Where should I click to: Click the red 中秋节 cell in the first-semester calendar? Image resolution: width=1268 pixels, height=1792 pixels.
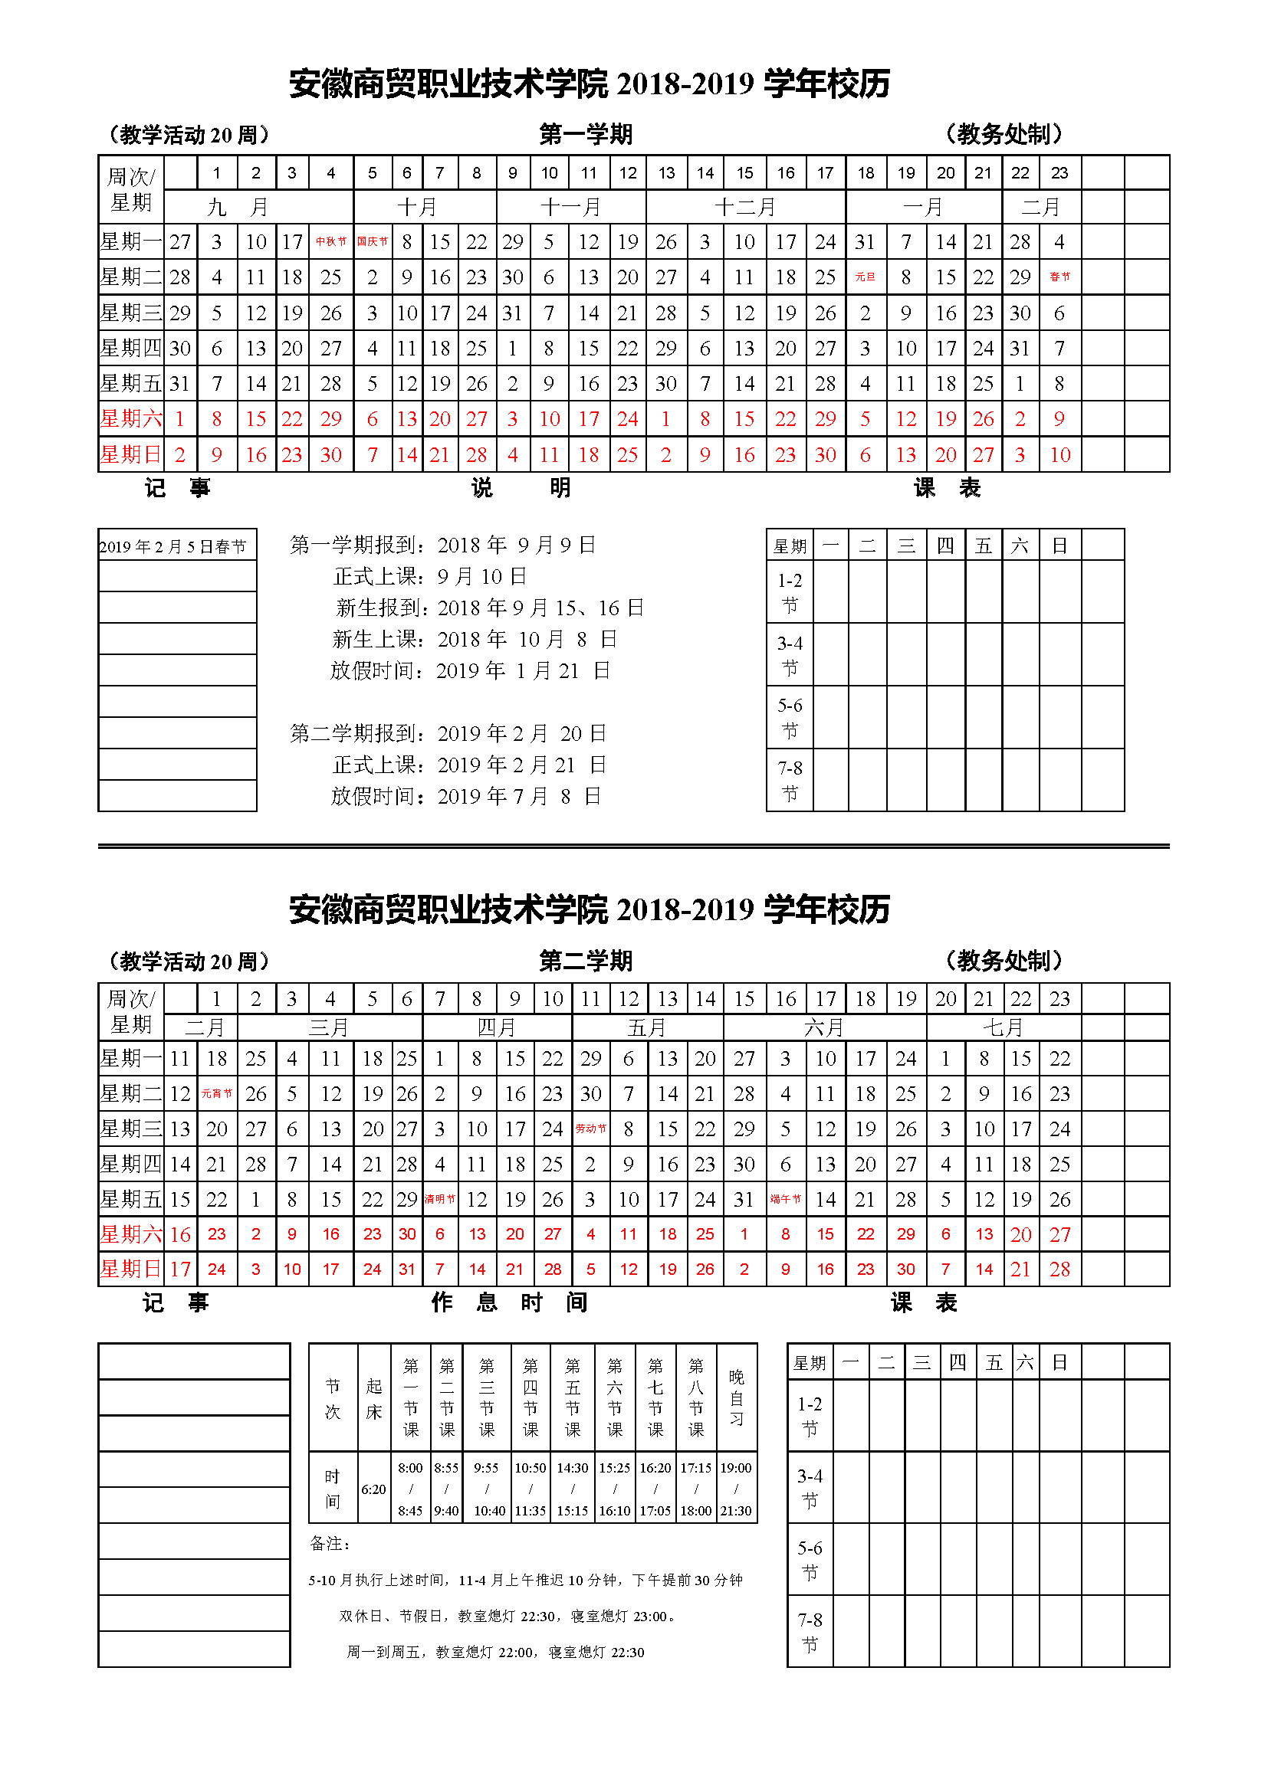click(x=331, y=242)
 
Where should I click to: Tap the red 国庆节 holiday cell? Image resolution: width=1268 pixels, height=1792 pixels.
click(x=373, y=242)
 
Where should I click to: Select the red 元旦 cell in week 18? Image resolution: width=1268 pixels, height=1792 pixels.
click(x=865, y=277)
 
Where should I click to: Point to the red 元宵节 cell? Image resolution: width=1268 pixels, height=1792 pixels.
click(x=217, y=1093)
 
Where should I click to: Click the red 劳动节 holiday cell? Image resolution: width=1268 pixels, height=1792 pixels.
click(x=591, y=1129)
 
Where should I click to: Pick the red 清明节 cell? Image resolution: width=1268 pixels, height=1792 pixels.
click(x=440, y=1199)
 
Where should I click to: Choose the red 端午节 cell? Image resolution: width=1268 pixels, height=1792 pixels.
click(x=786, y=1199)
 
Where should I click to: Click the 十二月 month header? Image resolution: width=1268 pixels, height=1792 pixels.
click(x=746, y=208)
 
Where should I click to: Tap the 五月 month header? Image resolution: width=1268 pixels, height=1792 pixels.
click(x=647, y=1027)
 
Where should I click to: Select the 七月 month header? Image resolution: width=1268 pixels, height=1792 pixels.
click(x=1004, y=1027)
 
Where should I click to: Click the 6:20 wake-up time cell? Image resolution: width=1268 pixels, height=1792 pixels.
click(x=373, y=1489)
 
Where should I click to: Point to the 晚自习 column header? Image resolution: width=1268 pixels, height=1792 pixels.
click(x=736, y=1398)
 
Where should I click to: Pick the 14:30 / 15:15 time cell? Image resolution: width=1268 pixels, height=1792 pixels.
click(x=573, y=1489)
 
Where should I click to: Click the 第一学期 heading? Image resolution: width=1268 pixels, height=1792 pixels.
click(x=586, y=134)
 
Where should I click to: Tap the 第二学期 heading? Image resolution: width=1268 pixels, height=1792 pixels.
click(x=586, y=961)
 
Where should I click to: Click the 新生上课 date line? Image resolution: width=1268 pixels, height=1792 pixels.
click(x=475, y=640)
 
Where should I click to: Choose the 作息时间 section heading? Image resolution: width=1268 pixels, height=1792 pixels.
click(x=509, y=1302)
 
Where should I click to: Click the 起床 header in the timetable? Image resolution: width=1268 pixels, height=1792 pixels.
click(x=374, y=1398)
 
